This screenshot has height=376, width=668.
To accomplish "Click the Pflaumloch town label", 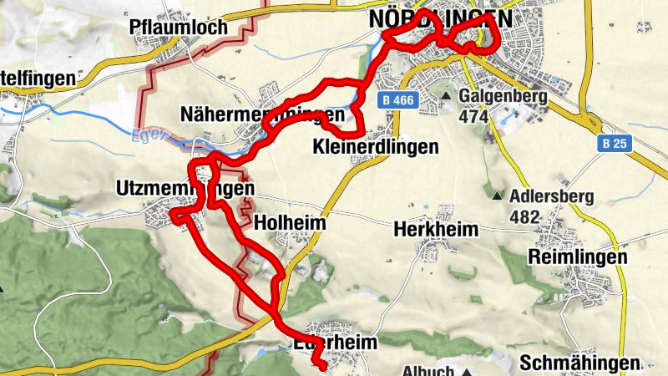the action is [179, 28].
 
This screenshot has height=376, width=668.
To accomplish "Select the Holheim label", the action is [289, 224].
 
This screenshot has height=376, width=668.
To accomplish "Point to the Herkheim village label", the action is [435, 230].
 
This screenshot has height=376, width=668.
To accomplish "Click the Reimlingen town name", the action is [577, 257].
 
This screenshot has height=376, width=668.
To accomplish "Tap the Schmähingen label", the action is [579, 363].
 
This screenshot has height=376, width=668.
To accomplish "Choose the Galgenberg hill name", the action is [504, 97].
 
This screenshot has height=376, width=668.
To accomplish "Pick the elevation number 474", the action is [473, 116].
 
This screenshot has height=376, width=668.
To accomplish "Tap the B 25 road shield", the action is [615, 145].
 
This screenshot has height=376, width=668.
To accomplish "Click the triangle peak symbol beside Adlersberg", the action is [498, 197].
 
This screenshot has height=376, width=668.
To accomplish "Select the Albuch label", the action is [428, 370].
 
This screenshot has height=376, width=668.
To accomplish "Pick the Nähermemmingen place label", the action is [261, 114].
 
